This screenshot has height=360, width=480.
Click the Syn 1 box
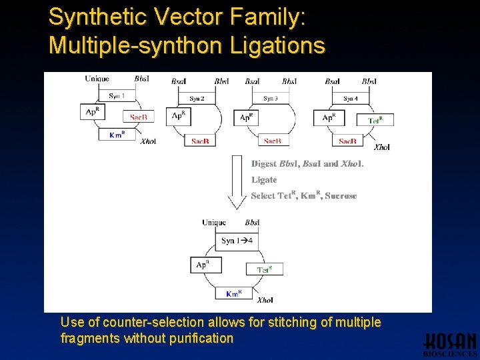click(x=117, y=95)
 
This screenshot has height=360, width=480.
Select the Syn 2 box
click(x=197, y=99)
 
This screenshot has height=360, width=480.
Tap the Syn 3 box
click(x=270, y=99)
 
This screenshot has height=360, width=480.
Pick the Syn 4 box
click(x=351, y=99)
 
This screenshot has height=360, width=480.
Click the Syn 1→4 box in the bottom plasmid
click(x=237, y=241)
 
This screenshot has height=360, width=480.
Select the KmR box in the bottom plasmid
click(x=233, y=293)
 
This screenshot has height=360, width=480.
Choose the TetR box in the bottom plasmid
click(x=264, y=269)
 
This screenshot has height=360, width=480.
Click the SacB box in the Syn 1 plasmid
click(x=139, y=117)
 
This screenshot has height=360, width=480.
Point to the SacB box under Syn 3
click(x=272, y=141)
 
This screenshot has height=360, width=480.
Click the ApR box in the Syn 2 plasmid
click(x=179, y=115)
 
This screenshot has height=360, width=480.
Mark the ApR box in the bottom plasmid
click(x=203, y=265)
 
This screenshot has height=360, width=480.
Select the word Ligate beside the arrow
click(x=264, y=179)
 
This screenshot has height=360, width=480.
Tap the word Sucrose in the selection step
click(x=341, y=196)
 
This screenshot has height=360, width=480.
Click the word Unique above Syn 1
click(x=97, y=79)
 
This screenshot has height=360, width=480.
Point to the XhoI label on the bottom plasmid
click(x=265, y=301)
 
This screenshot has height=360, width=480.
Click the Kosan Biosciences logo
click(x=451, y=343)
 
